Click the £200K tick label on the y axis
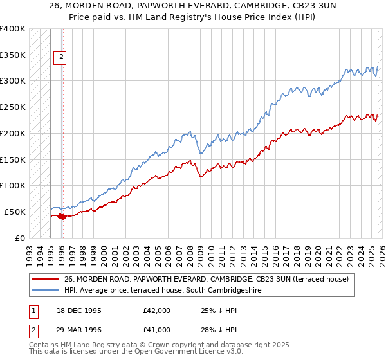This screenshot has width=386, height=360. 12,133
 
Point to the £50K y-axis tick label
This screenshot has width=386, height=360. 15,212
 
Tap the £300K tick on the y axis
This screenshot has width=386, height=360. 12,81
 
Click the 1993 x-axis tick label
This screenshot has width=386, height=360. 29,251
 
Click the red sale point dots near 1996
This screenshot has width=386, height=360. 61,217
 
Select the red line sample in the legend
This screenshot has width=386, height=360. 45,279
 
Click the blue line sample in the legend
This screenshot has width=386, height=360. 45,290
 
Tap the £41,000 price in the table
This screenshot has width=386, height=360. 157,330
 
